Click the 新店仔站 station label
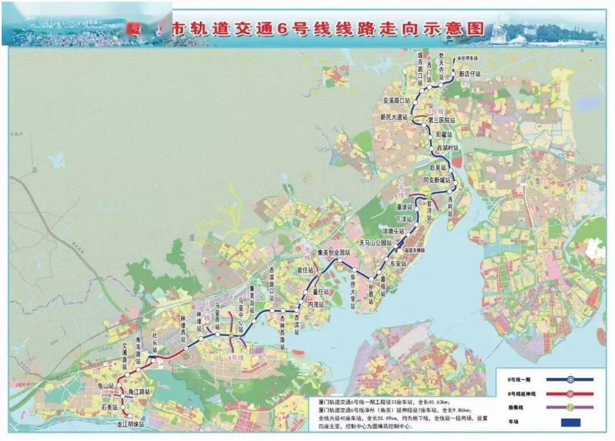click(470, 75)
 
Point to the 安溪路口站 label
click(396, 101)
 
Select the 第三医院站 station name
click(443, 121)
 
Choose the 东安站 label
click(399, 263)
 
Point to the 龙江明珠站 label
click(130, 424)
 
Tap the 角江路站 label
click(139, 393)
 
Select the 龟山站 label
click(107, 386)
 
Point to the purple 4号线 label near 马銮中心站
click(235, 358)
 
